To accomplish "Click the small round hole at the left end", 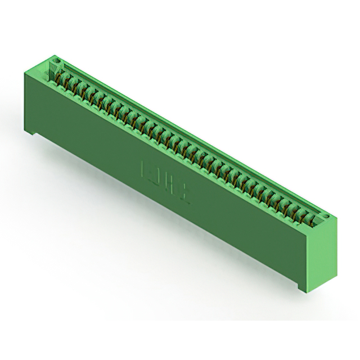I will (56, 60).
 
